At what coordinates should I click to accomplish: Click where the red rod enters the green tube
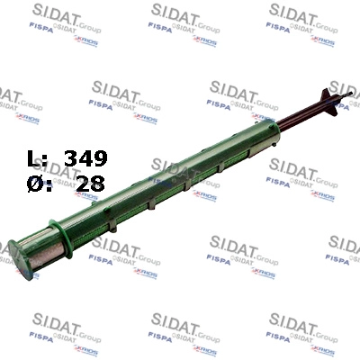tap(276, 132)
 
